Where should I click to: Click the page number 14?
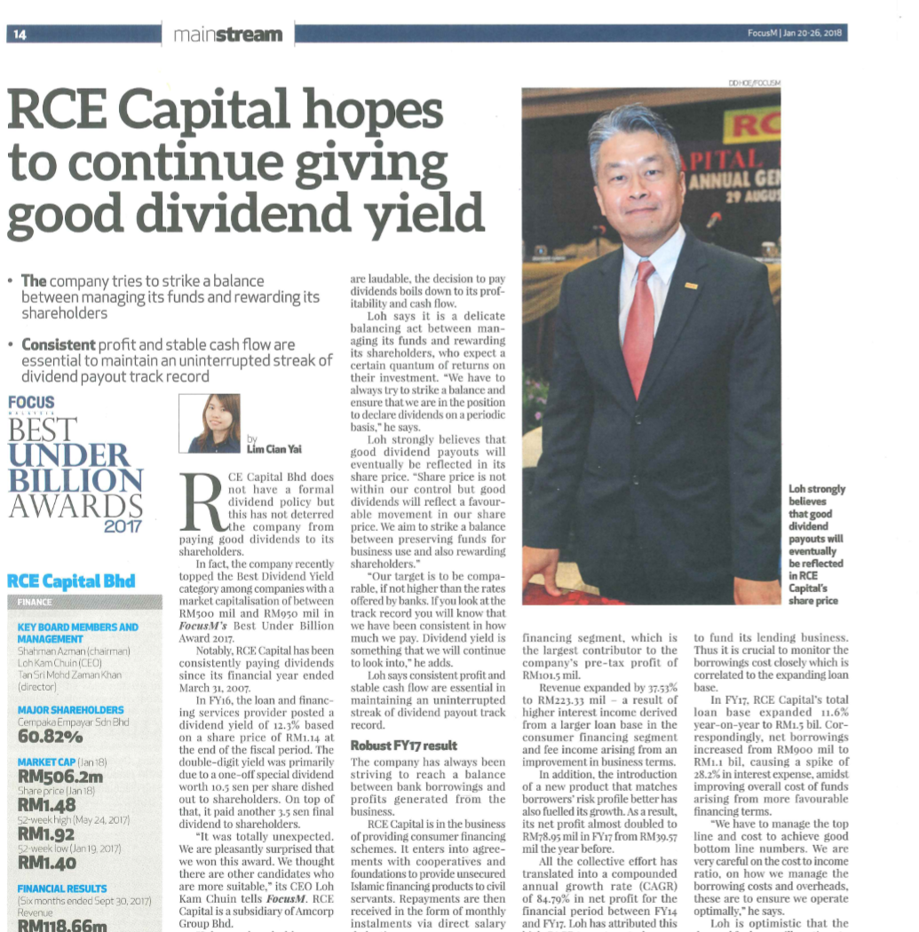pyautogui.click(x=20, y=35)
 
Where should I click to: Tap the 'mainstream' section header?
pyautogui.click(x=228, y=35)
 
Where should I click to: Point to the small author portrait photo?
pyautogui.click(x=210, y=423)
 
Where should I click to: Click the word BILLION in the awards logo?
pyautogui.click(x=75, y=480)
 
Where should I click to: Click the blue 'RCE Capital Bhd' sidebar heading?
pyautogui.click(x=71, y=581)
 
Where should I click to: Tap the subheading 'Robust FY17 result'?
pyautogui.click(x=402, y=745)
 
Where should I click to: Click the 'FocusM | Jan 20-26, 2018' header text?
pyautogui.click(x=795, y=35)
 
